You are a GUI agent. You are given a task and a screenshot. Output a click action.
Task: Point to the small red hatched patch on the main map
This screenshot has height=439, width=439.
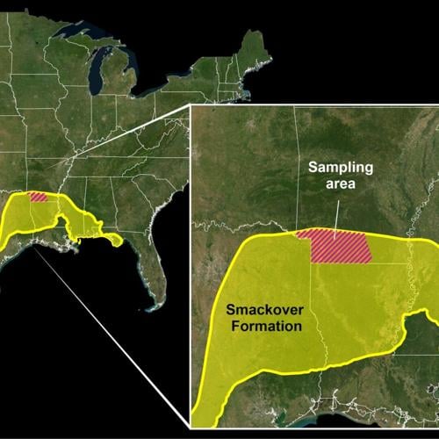pyautogui.click(x=40, y=197)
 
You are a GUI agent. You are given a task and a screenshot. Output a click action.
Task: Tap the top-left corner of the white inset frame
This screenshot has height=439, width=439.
pyautogui.click(x=191, y=106)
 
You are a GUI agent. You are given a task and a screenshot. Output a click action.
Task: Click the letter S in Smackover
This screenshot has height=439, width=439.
pyautogui.click(x=232, y=309)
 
